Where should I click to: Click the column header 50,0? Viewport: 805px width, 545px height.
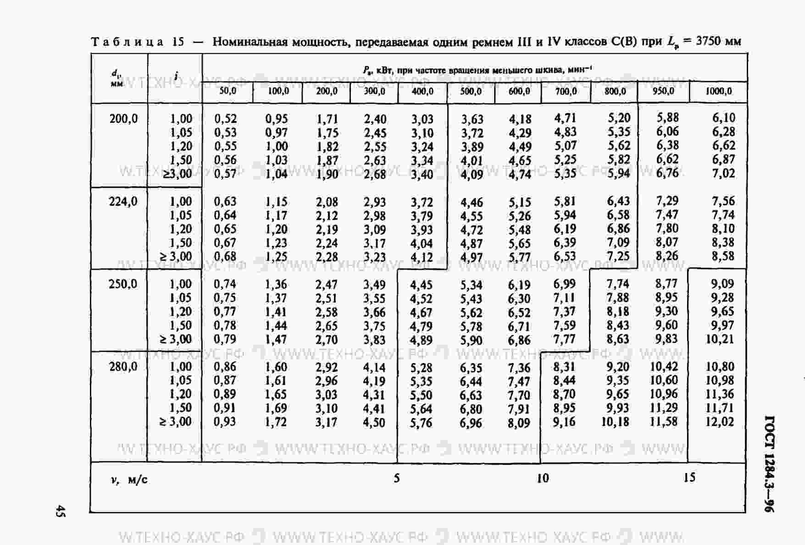[x=228, y=91]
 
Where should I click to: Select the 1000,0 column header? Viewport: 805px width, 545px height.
[x=718, y=91]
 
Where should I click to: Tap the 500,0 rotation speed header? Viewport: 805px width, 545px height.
[x=471, y=91]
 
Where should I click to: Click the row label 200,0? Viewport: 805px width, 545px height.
[x=123, y=119]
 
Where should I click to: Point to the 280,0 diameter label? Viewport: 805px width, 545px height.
[x=123, y=366]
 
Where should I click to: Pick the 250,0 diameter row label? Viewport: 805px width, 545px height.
[x=123, y=284]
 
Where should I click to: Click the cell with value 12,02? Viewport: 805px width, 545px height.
[x=719, y=422]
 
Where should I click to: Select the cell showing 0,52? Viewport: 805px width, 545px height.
[x=226, y=119]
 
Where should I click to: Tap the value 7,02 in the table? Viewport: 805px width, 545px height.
[x=723, y=173]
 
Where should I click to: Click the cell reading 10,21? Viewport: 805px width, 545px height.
[x=719, y=339]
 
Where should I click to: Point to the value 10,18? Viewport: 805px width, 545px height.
[x=615, y=422]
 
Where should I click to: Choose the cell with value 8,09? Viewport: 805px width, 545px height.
[x=519, y=423]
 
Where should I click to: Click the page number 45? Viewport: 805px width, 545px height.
[x=60, y=511]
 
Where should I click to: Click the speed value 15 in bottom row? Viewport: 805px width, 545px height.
[x=689, y=478]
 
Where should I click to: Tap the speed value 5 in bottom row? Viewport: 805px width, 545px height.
[x=397, y=479]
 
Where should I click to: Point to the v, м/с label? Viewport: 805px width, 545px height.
[x=129, y=480]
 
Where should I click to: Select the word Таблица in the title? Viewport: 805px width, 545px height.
[x=127, y=42]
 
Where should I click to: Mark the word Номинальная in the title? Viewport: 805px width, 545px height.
[x=247, y=42]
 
